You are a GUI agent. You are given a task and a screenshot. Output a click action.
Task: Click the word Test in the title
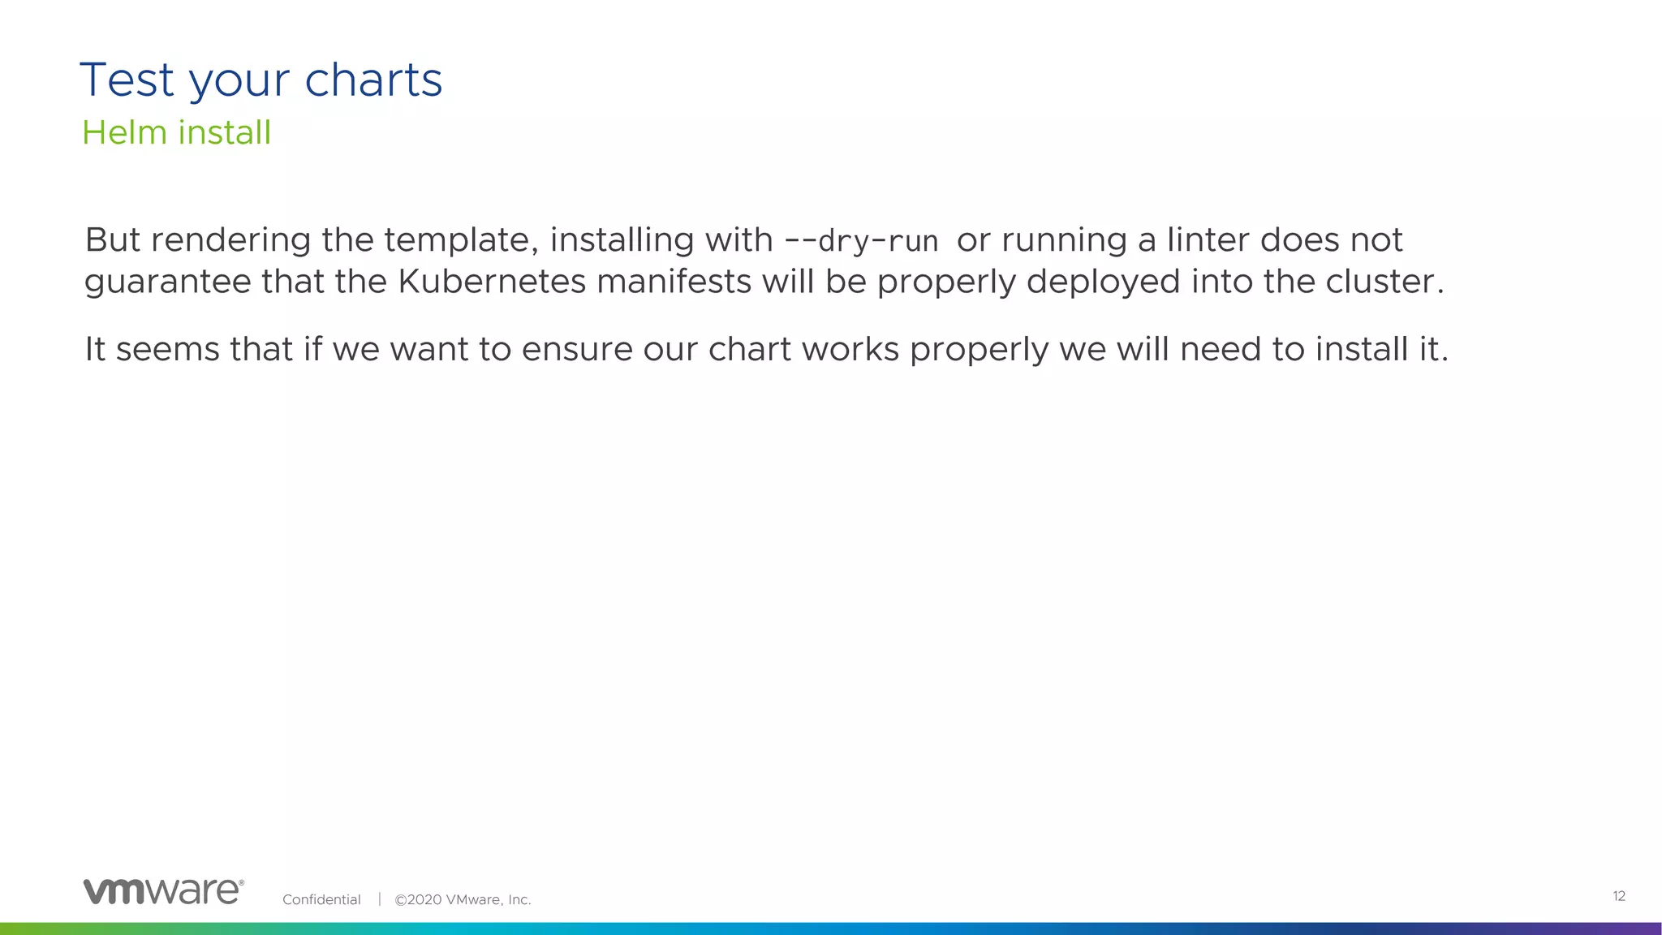point(127,80)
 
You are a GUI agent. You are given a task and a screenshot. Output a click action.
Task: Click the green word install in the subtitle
point(224,132)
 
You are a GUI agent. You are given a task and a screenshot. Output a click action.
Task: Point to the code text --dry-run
point(861,241)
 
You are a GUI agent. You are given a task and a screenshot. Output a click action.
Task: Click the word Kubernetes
point(492,282)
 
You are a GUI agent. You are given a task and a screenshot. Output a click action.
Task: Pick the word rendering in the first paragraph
point(231,241)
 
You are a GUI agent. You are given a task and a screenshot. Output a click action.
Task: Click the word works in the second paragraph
point(850,350)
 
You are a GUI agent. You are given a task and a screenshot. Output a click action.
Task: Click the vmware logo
point(163,891)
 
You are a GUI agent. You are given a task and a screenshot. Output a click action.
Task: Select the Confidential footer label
point(321,899)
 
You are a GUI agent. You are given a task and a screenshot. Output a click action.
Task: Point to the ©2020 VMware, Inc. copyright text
point(463,899)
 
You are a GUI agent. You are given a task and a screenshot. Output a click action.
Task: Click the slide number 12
point(1618,896)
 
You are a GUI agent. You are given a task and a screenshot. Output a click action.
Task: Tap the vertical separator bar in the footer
point(379,899)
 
